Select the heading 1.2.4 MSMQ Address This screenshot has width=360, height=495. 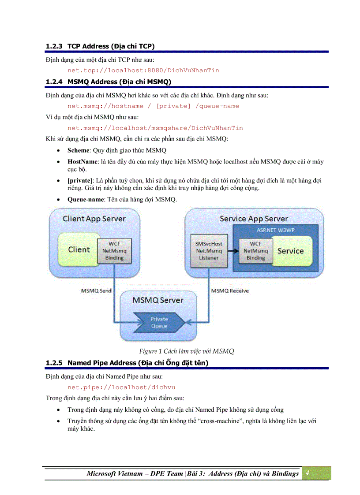click(x=109, y=82)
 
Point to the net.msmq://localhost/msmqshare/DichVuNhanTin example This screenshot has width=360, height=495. click(x=155, y=128)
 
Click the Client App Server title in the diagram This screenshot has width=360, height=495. click(x=94, y=219)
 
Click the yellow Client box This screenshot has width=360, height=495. click(x=79, y=249)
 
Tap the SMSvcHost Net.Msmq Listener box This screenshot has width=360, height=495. click(x=209, y=250)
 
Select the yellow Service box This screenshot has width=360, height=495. click(x=290, y=251)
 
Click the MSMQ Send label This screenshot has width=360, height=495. click(x=96, y=291)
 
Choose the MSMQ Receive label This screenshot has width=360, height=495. click(x=229, y=291)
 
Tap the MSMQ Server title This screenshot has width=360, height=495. click(x=158, y=300)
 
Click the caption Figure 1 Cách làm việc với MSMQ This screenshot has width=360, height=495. click(x=186, y=351)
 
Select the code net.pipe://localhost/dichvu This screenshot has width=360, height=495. click(x=121, y=387)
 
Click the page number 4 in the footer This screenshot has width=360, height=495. click(x=307, y=473)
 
